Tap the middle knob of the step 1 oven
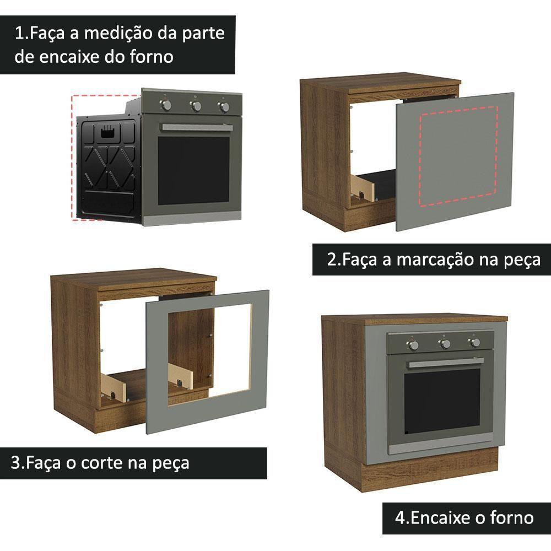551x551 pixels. [x=196, y=105]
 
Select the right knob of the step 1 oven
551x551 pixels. [x=224, y=107]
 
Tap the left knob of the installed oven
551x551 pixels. [x=412, y=345]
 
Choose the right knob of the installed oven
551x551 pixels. [x=474, y=343]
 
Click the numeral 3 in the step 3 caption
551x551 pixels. [x=16, y=462]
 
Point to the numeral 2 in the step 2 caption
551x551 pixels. [x=332, y=260]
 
